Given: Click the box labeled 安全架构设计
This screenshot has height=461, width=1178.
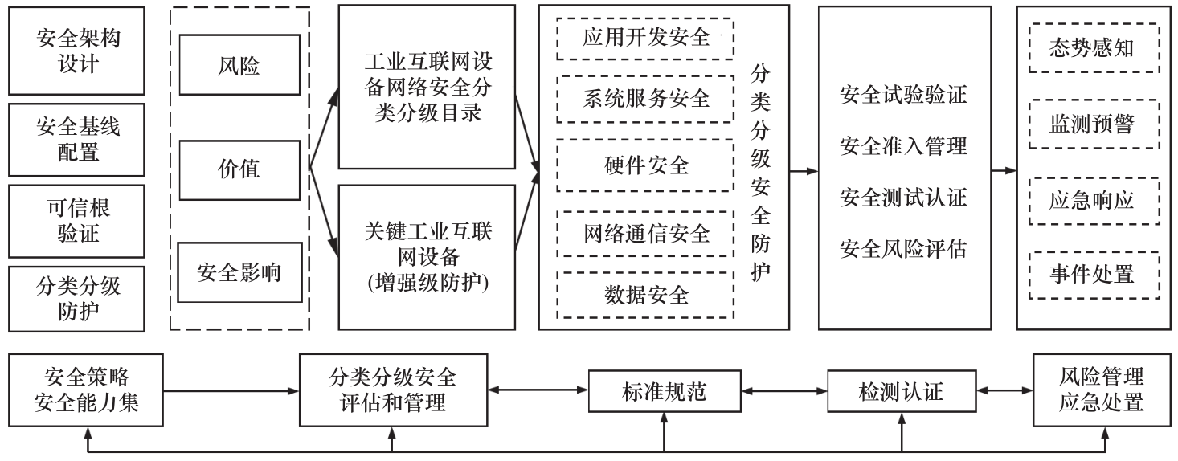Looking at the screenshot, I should [x=78, y=50].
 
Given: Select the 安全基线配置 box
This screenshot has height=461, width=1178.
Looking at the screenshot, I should [x=78, y=138].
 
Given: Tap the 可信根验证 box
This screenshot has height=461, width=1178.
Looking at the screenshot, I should [x=78, y=221].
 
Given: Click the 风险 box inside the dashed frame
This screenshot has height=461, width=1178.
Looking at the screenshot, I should [x=239, y=65].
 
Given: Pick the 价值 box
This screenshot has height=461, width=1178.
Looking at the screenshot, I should [x=239, y=169].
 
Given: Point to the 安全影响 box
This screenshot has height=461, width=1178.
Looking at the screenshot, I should [x=239, y=271].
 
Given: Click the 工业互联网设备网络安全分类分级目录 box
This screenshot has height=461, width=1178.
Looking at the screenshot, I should [x=427, y=87].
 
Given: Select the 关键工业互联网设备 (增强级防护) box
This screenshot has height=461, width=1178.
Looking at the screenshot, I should [x=427, y=257].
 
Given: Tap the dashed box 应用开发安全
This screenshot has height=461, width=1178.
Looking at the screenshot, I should [x=646, y=38].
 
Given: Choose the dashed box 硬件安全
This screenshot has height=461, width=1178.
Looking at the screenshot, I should [x=646, y=165].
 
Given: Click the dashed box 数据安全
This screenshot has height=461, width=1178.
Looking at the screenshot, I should [x=646, y=295].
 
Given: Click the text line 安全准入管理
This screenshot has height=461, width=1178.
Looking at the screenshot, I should [x=903, y=146].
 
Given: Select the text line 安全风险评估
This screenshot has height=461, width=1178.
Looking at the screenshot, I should [x=903, y=249].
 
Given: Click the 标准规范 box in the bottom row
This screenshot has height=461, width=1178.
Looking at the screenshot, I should [x=664, y=391].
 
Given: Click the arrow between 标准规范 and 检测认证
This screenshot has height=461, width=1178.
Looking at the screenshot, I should [x=783, y=391].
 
